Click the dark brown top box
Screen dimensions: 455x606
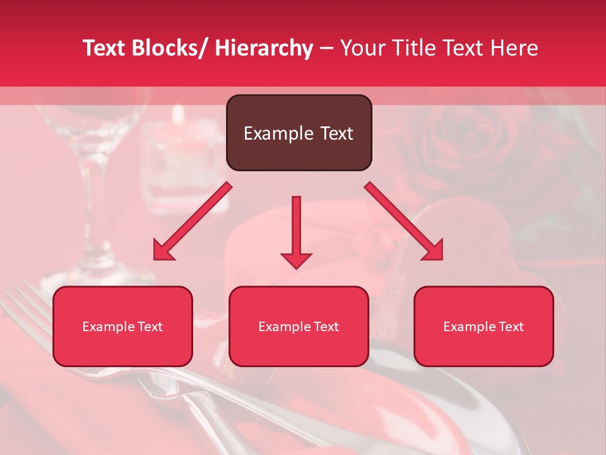coord(299,133)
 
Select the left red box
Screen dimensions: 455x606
coord(122,327)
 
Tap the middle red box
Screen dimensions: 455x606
coord(299,327)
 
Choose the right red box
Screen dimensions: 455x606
coord(484,327)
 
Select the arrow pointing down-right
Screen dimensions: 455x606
coord(405,222)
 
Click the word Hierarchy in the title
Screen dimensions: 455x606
coord(264,48)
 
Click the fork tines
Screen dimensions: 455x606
coord(25,310)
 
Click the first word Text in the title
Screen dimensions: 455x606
coord(104,48)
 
